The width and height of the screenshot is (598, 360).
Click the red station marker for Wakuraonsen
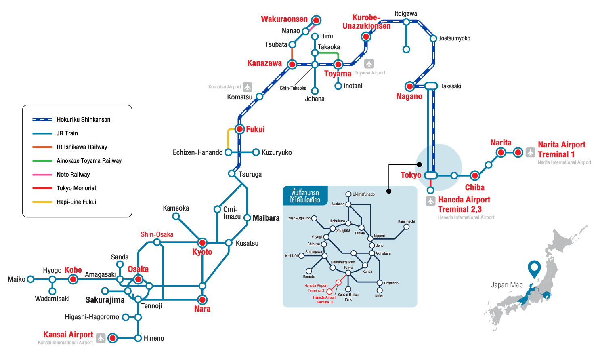pyautogui.click(x=316, y=20)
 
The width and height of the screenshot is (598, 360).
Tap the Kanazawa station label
pyautogui.click(x=264, y=63)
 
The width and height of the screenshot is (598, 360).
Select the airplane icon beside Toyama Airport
pyautogui.click(x=369, y=64)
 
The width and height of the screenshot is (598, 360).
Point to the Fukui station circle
pyautogui.click(x=240, y=129)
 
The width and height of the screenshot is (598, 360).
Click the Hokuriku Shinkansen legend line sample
pyautogui.click(x=42, y=120)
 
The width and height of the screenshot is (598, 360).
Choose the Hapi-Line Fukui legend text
pyautogui.click(x=76, y=202)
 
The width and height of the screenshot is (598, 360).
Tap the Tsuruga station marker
pyautogui.click(x=232, y=174)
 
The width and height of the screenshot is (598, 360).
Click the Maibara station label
pyautogui.click(x=266, y=218)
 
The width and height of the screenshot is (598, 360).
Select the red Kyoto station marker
pyautogui.click(x=202, y=243)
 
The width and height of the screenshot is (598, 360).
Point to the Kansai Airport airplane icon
pyautogui.click(x=101, y=338)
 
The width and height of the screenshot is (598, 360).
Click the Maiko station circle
pyautogui.click(x=31, y=279)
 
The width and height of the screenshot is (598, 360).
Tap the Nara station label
pyautogui.click(x=202, y=309)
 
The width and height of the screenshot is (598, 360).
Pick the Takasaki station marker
pyautogui.click(x=431, y=86)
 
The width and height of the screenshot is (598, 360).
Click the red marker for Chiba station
pyautogui.click(x=475, y=176)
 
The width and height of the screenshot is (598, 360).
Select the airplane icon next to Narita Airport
pyautogui.click(x=531, y=152)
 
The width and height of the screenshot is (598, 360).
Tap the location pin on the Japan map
pyautogui.click(x=534, y=268)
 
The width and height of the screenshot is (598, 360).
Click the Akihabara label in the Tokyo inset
pyautogui.click(x=383, y=253)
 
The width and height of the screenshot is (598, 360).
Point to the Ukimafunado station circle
pyautogui.click(x=348, y=194)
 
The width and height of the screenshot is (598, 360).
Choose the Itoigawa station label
pyautogui.click(x=406, y=14)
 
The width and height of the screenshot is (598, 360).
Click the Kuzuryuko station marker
pyautogui.click(x=256, y=152)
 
